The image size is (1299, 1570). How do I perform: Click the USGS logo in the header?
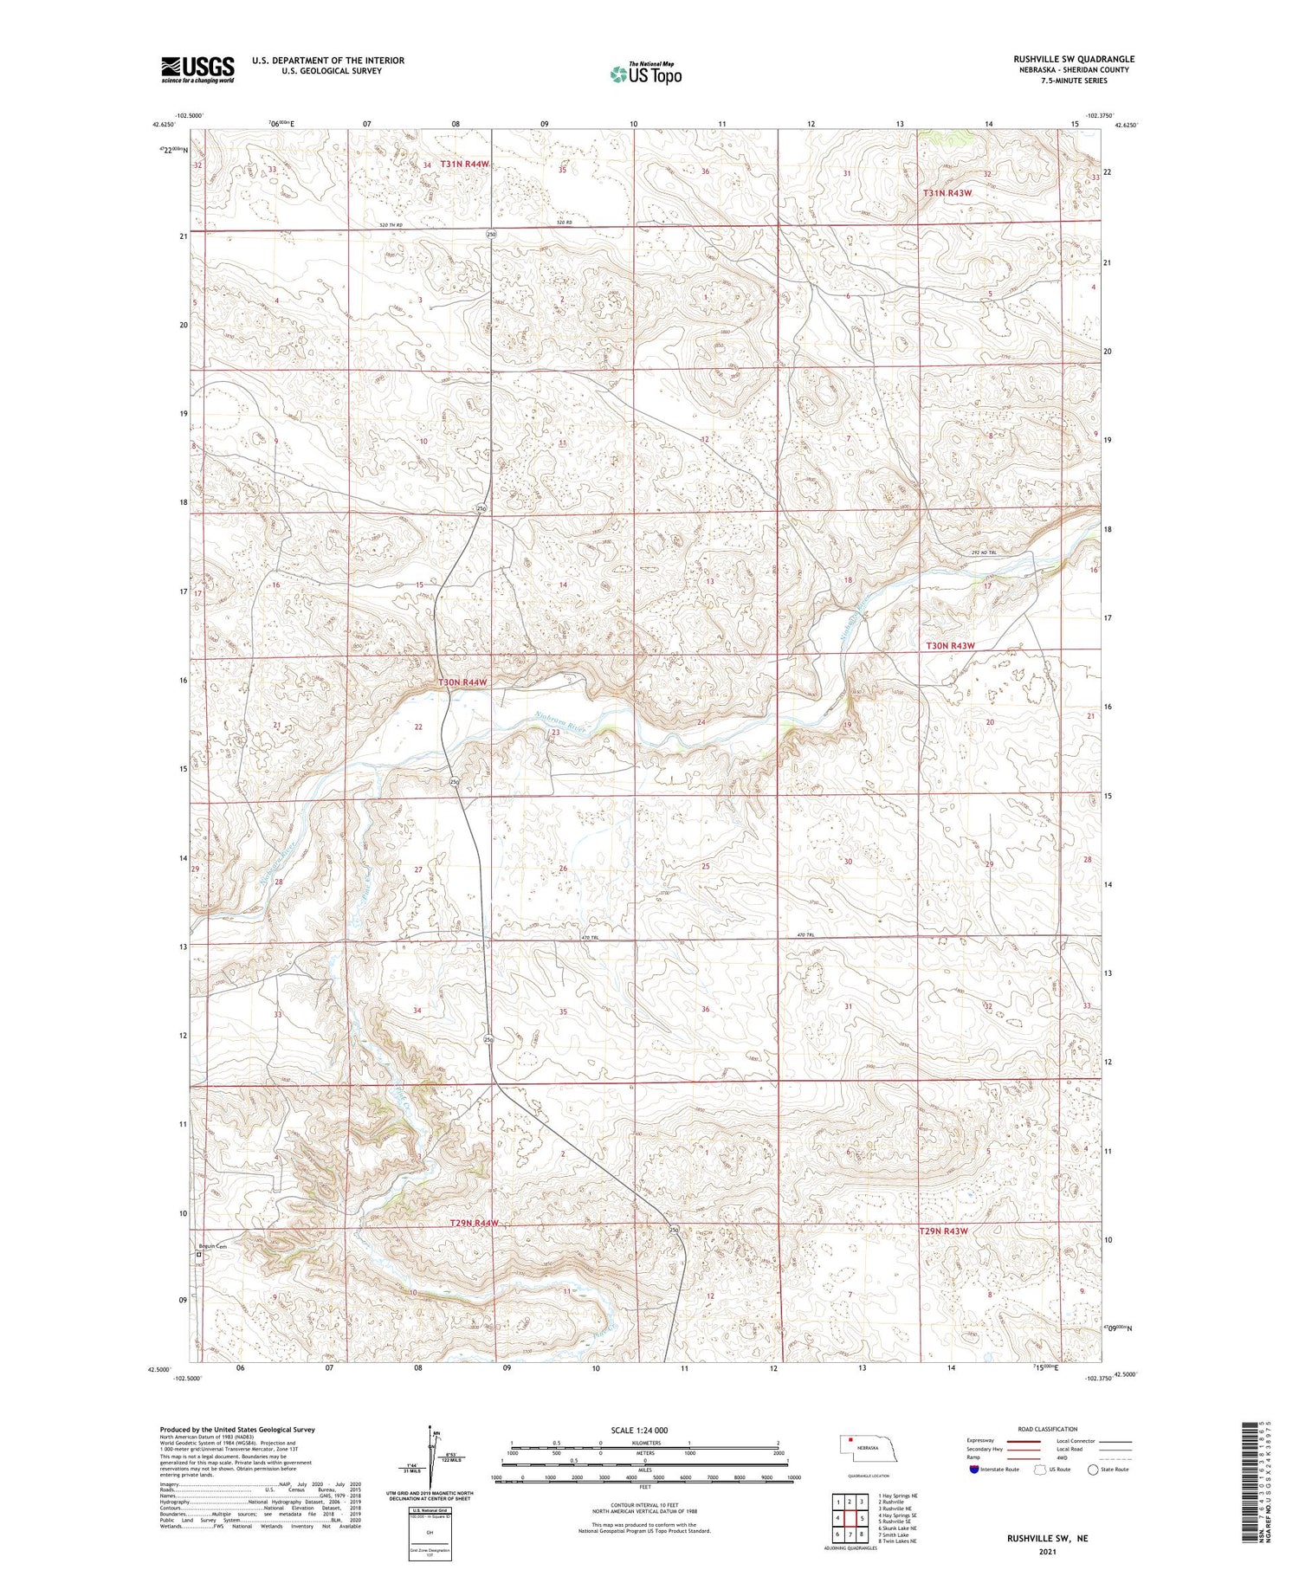(x=197, y=68)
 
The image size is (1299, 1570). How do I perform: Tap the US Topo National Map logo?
(x=645, y=74)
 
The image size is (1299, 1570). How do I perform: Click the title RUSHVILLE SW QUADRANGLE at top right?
(x=1073, y=59)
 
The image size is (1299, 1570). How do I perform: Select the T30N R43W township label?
(x=950, y=646)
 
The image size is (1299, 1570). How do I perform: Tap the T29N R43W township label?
(x=943, y=1231)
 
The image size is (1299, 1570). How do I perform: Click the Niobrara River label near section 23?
(x=559, y=721)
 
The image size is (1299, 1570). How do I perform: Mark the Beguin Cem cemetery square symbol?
(x=198, y=1253)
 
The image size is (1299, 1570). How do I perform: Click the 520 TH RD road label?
(x=391, y=226)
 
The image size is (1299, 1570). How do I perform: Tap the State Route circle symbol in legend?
(x=1094, y=1469)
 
